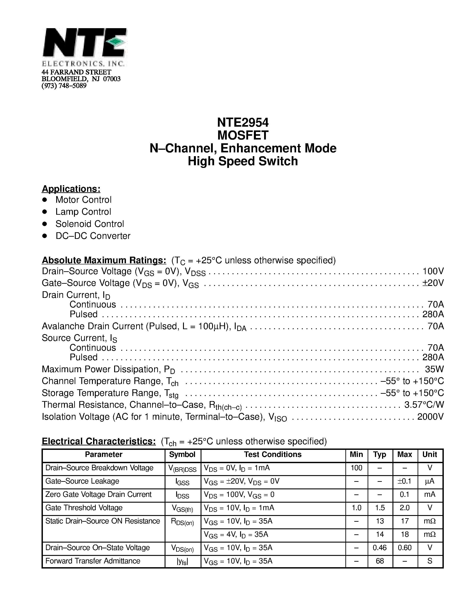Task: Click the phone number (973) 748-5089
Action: click(64, 86)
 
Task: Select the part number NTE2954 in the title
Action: click(243, 122)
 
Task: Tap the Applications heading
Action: click(71, 189)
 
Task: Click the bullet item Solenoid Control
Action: click(90, 224)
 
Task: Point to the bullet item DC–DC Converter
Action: click(93, 236)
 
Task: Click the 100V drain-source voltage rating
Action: click(433, 271)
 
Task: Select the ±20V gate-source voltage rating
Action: click(433, 283)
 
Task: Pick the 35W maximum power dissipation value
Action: click(434, 369)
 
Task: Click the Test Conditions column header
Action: click(273, 455)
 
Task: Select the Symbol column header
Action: click(182, 455)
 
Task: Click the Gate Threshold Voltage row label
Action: click(84, 508)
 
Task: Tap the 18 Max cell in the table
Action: click(405, 534)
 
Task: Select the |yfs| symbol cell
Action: click(182, 561)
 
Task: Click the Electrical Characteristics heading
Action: click(99, 441)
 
